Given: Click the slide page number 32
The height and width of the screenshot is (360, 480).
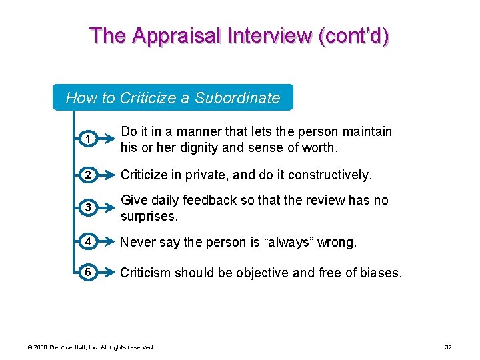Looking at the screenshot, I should [x=447, y=347].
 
